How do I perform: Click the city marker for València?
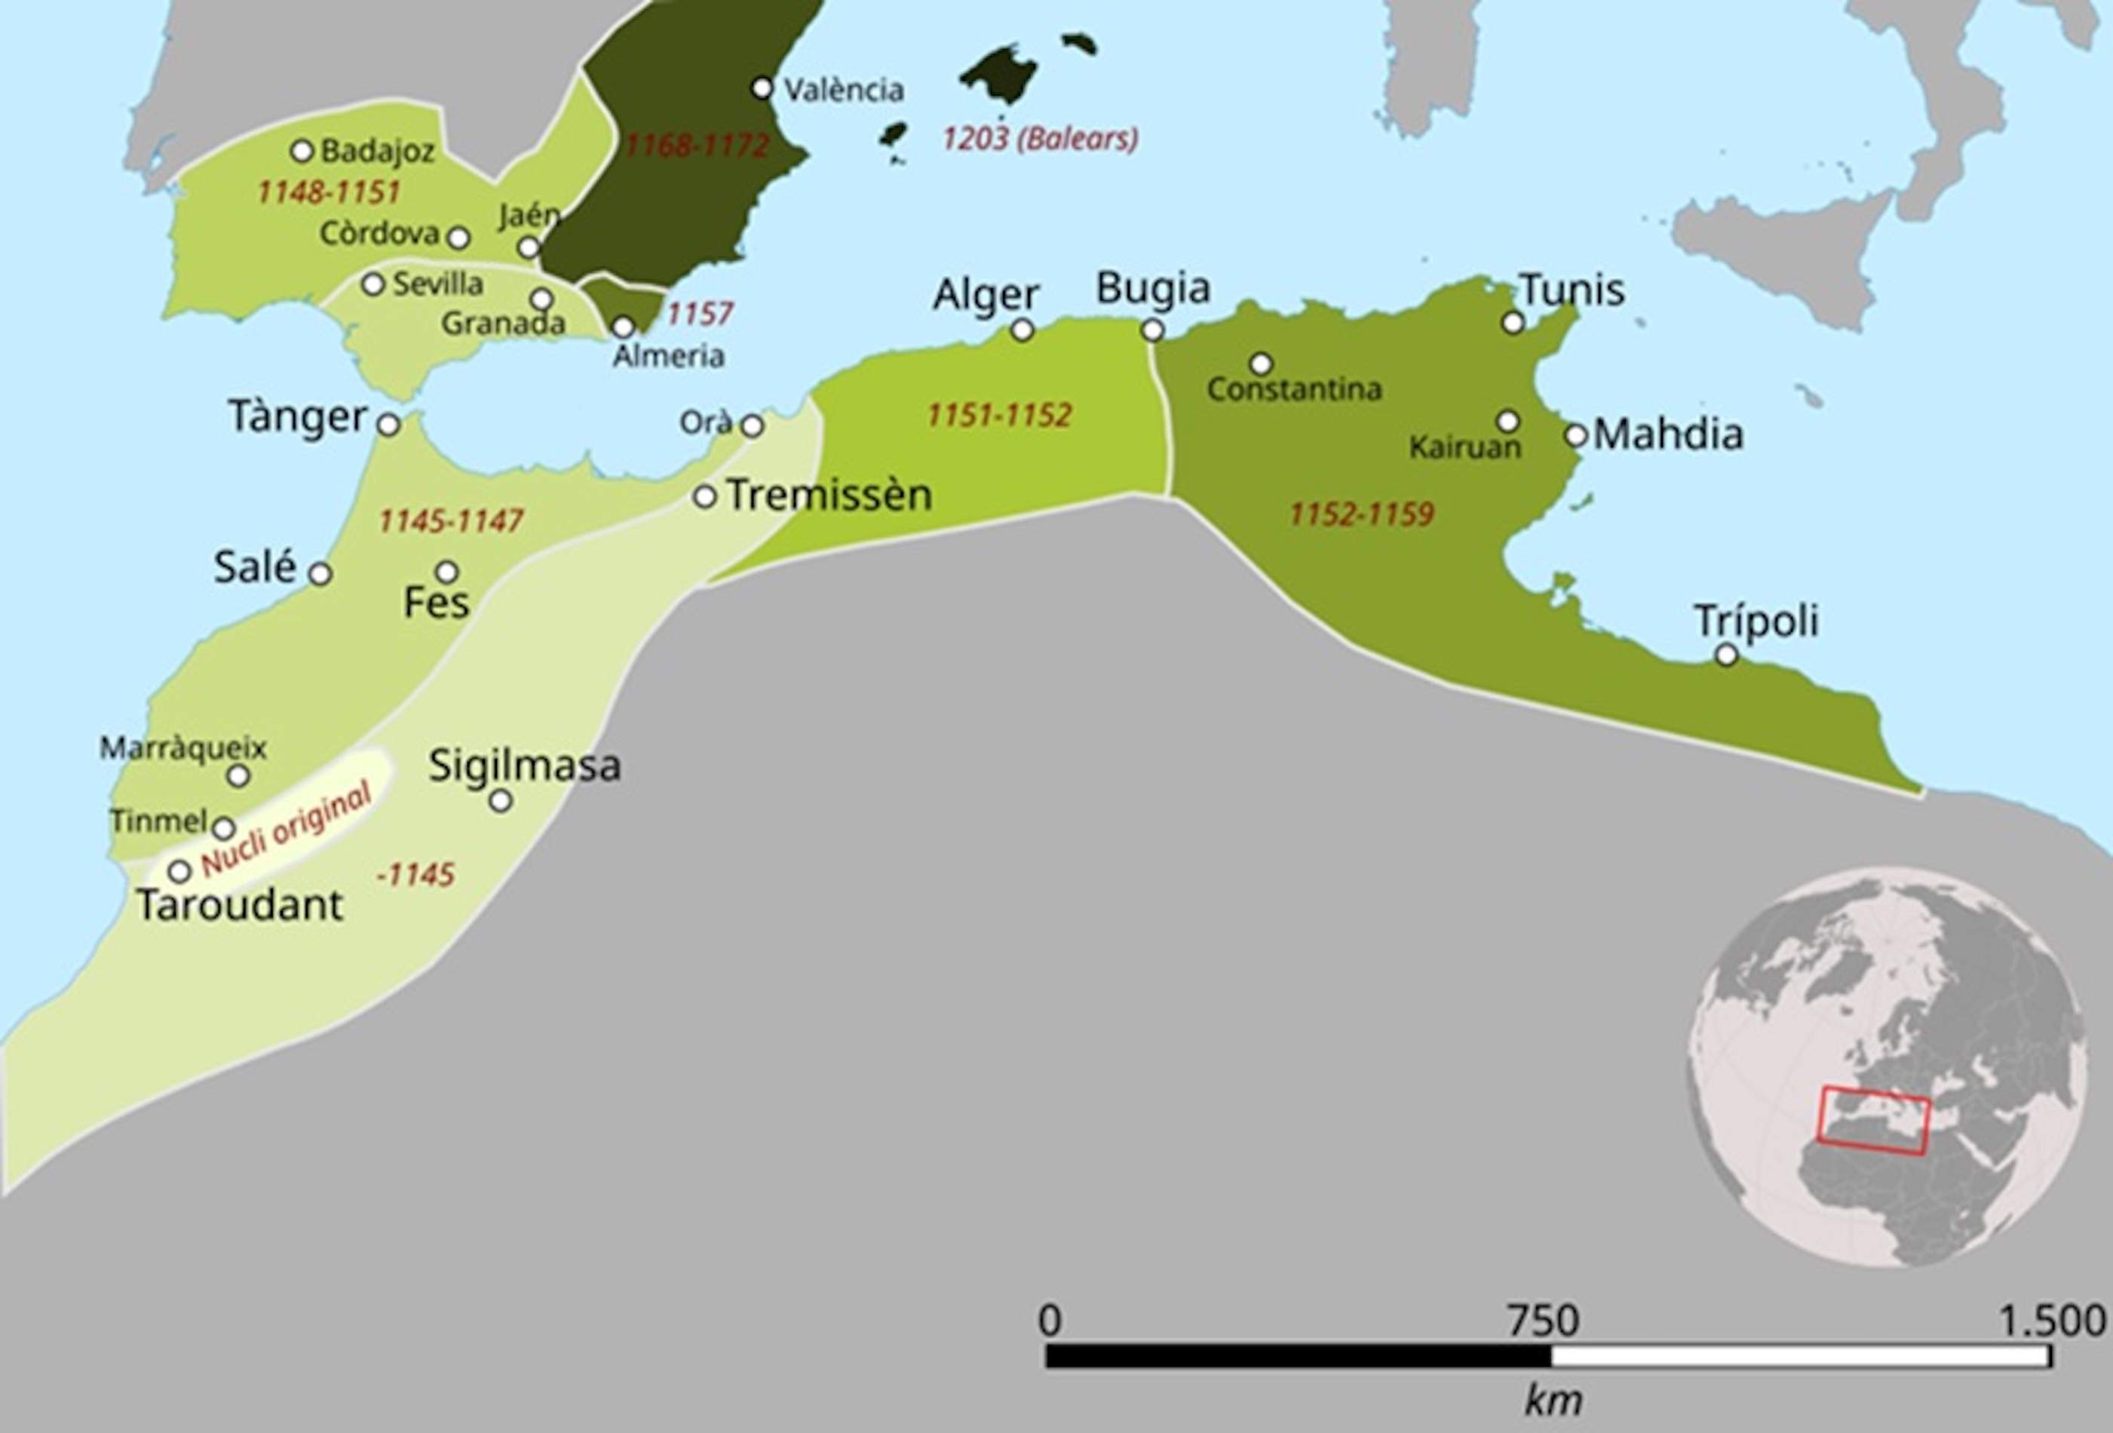tap(762, 88)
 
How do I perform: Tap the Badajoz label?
tap(377, 151)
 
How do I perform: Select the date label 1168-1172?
tap(698, 146)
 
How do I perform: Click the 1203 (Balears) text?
tap(1039, 139)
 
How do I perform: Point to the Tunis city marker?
tap(1513, 322)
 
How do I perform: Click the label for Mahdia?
tap(1667, 434)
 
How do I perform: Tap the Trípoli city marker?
tap(1725, 655)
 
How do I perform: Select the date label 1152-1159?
tap(1361, 514)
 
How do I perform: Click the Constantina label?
tap(1294, 390)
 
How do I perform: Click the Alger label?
tap(986, 296)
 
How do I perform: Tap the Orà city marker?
tap(752, 425)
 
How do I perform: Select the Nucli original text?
tap(286, 828)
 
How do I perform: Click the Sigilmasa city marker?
tap(500, 801)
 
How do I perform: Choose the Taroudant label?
tap(240, 905)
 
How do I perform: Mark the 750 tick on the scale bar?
tap(1544, 1321)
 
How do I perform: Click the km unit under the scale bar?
tap(1552, 1401)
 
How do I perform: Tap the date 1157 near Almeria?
tap(699, 315)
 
